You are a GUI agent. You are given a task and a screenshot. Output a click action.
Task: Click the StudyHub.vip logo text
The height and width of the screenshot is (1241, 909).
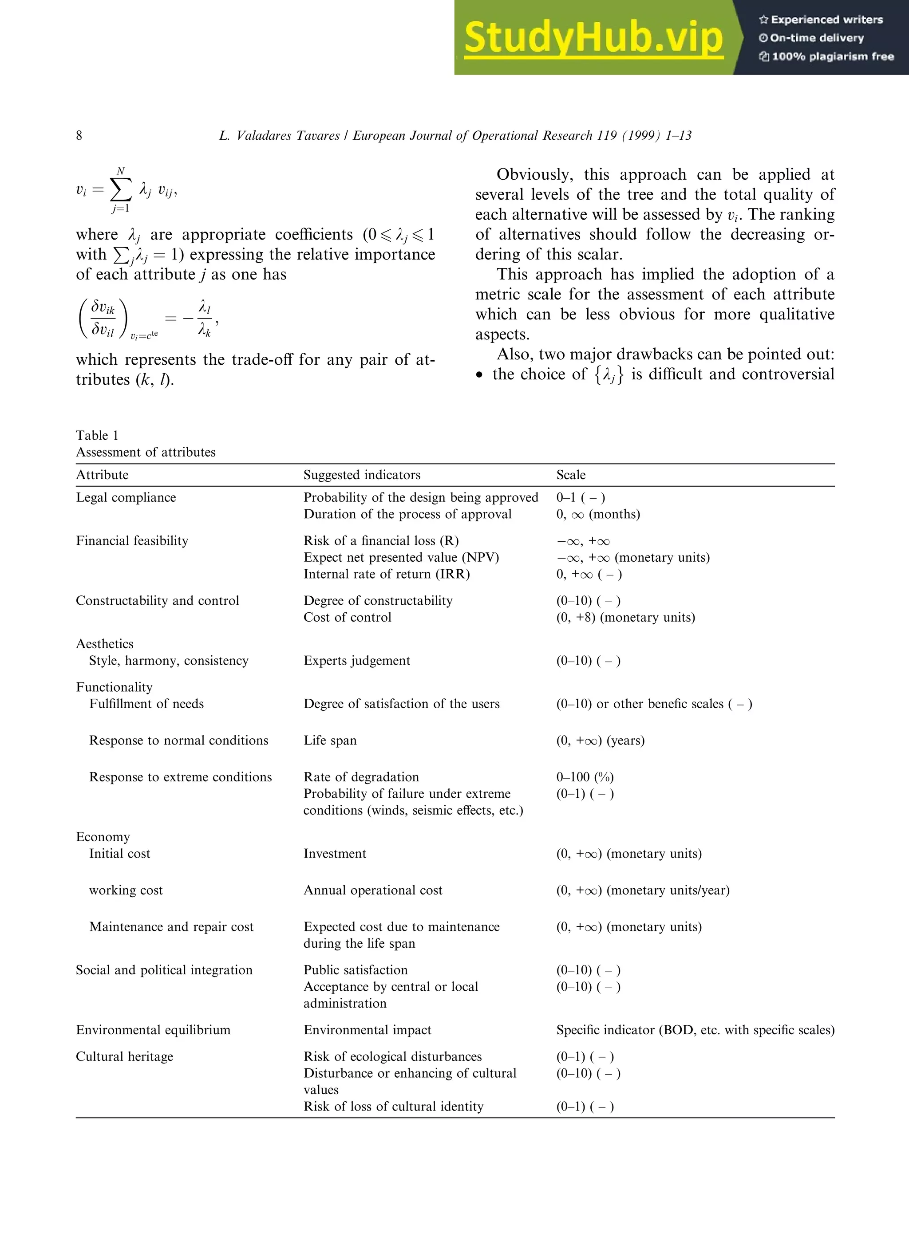(593, 37)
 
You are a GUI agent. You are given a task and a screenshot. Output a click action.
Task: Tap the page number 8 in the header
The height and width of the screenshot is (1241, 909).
(79, 135)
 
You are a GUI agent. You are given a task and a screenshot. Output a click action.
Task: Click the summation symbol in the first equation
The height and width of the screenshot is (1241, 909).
(121, 190)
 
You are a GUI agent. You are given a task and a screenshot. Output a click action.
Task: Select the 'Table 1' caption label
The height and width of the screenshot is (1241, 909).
(97, 435)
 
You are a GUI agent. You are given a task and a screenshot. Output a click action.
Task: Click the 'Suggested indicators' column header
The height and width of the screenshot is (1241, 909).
(361, 475)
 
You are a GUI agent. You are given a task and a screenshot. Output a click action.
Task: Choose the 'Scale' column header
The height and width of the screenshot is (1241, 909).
(571, 475)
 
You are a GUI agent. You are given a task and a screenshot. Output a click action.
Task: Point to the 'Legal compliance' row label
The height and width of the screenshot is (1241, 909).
(126, 497)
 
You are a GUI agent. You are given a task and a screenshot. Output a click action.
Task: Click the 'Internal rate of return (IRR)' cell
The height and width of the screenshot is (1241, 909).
(386, 574)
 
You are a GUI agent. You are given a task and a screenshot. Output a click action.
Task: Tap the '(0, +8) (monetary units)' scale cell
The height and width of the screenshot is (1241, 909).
(625, 617)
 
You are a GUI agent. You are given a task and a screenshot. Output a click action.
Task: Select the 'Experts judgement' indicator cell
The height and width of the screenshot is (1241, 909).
(356, 660)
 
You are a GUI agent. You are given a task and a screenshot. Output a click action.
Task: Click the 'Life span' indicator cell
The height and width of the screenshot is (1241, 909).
(330, 741)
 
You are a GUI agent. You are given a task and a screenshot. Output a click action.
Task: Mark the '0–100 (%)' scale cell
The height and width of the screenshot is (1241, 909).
(585, 777)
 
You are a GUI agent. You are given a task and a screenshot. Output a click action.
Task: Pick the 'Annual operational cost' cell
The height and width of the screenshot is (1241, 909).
(372, 890)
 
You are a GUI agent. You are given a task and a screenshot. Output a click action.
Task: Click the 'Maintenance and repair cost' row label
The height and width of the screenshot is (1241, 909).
(171, 926)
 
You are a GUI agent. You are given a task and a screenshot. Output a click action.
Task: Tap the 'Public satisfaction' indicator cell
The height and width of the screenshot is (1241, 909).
(356, 970)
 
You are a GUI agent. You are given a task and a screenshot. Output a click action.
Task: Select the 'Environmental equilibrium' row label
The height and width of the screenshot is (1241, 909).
(153, 1030)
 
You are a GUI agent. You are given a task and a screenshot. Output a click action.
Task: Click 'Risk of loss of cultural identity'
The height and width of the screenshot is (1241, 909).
(393, 1106)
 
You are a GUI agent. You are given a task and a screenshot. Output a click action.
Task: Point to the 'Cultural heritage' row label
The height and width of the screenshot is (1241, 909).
(124, 1056)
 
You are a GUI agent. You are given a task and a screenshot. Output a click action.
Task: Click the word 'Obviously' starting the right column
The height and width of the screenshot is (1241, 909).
(534, 174)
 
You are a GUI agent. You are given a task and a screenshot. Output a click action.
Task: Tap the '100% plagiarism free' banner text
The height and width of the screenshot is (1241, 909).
(832, 56)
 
